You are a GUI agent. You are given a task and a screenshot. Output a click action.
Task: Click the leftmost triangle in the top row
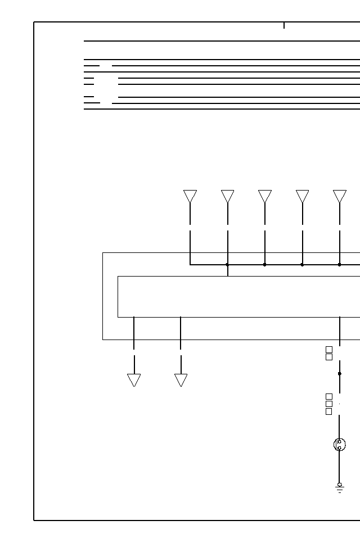click(x=190, y=196)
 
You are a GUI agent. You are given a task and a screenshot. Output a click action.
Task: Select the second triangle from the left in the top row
click(x=228, y=196)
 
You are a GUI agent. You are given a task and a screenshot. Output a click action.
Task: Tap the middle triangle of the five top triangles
click(x=265, y=196)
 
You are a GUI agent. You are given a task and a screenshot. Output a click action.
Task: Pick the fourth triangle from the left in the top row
click(x=303, y=196)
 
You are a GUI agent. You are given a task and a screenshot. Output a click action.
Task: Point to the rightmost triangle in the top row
click(x=340, y=196)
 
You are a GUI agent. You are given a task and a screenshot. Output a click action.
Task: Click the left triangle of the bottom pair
click(x=134, y=380)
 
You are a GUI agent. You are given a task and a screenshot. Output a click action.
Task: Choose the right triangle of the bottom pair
click(x=181, y=380)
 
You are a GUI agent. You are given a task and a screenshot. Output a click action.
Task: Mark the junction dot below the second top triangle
click(x=228, y=264)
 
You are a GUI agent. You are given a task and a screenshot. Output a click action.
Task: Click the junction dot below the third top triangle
click(x=265, y=264)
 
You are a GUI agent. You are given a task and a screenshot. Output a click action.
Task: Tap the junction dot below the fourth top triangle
click(x=303, y=264)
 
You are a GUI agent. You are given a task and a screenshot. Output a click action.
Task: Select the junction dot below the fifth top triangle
click(x=340, y=264)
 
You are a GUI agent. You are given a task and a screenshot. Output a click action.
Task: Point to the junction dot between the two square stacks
click(x=340, y=374)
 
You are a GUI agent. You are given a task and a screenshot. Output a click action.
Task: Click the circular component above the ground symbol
click(x=339, y=445)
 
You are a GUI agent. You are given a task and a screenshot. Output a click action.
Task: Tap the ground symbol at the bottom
click(x=340, y=488)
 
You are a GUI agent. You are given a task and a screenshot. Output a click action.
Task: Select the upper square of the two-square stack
click(x=329, y=350)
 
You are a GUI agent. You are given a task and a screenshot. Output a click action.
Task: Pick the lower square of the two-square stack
click(x=329, y=357)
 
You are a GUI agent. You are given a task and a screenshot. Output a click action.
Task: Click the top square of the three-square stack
click(x=329, y=397)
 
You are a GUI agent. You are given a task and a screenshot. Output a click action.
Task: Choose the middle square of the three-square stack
click(x=329, y=404)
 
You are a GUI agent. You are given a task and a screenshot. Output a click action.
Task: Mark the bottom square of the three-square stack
click(x=329, y=411)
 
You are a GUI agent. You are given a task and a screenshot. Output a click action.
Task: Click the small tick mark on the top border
click(x=284, y=25)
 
